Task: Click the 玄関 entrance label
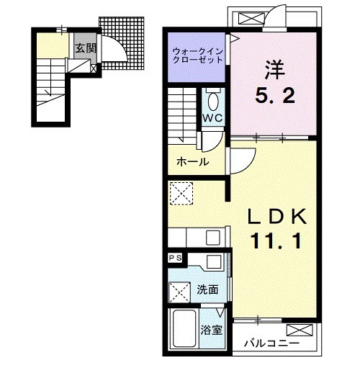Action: pos(86,48)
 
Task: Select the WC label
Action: pos(212,118)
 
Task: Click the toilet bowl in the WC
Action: pos(212,101)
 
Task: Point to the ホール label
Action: pos(193,162)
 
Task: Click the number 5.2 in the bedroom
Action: pos(274,96)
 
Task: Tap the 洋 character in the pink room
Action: pos(275,70)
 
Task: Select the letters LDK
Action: pos(277,216)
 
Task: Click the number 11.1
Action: pos(276,241)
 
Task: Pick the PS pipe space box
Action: pos(175,258)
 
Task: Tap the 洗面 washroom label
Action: pos(207,289)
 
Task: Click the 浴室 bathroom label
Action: pos(212,330)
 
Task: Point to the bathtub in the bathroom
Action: pos(184,328)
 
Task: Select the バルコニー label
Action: pos(271,343)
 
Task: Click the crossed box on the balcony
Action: pos(300,330)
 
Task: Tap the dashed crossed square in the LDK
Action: pos(181,194)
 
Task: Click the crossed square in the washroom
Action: pos(179,292)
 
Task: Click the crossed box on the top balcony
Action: pos(251,19)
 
